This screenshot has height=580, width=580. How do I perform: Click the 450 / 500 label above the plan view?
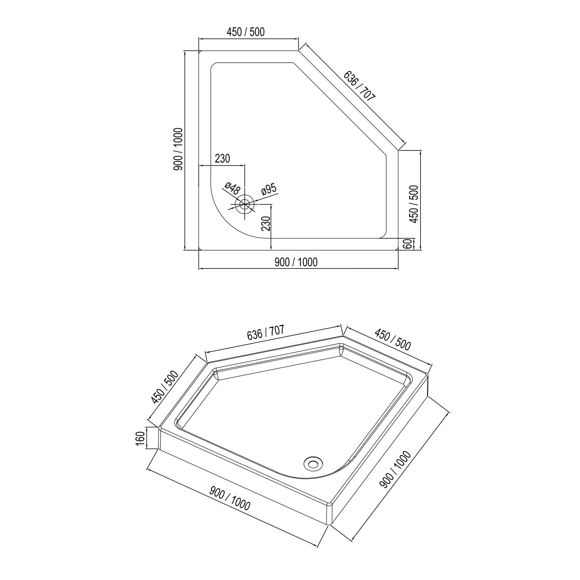pyautogui.click(x=245, y=32)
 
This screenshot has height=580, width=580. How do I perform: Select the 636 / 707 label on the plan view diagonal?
pyautogui.click(x=359, y=86)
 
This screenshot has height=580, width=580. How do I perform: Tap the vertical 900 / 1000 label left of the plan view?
pyautogui.click(x=178, y=149)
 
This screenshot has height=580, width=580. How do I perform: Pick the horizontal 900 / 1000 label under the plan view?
pyautogui.click(x=296, y=262)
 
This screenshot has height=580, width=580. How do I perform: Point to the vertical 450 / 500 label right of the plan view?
pyautogui.click(x=414, y=204)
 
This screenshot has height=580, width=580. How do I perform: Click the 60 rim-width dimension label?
pyautogui.click(x=407, y=244)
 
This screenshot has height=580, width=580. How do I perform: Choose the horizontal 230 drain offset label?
pyautogui.click(x=222, y=158)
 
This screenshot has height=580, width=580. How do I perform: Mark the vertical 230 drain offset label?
pyautogui.click(x=266, y=223)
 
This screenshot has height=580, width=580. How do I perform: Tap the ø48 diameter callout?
pyautogui.click(x=232, y=188)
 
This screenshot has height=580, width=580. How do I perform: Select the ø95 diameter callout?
pyautogui.click(x=269, y=189)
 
